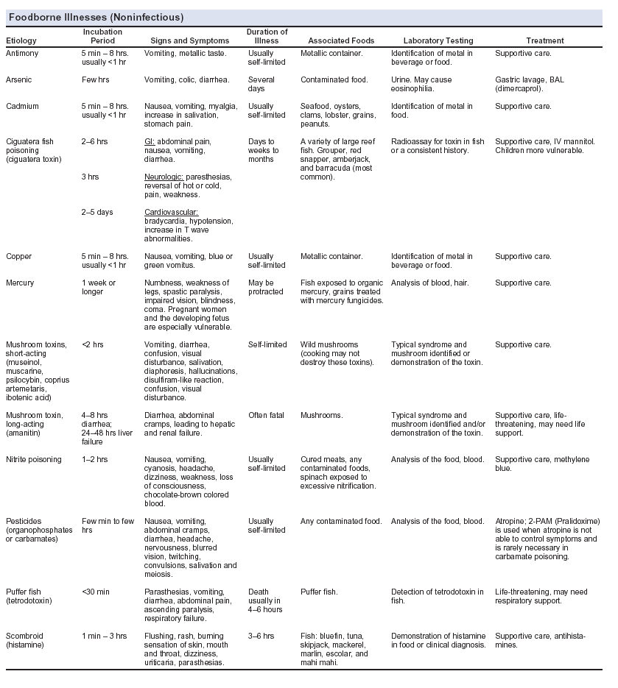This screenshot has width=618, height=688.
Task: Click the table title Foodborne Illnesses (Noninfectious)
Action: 95,17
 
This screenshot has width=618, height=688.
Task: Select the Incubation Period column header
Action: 102,36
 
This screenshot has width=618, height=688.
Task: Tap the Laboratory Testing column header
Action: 439,41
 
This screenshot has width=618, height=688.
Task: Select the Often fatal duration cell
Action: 266,415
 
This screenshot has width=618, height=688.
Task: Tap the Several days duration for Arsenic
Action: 261,83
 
